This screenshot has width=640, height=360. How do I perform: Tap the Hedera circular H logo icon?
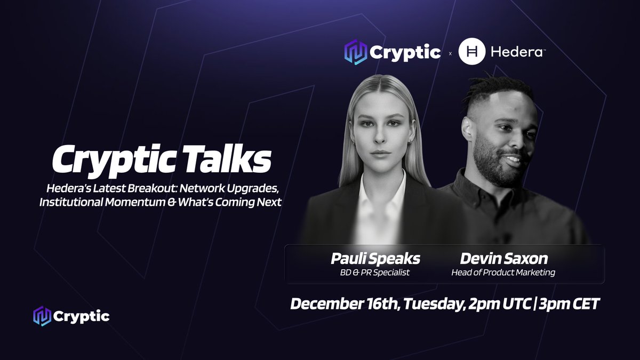[471, 52]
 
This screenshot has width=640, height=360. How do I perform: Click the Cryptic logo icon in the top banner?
[356, 52]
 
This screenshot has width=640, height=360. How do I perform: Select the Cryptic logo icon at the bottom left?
[41, 316]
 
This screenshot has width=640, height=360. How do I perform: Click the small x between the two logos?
[450, 53]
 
